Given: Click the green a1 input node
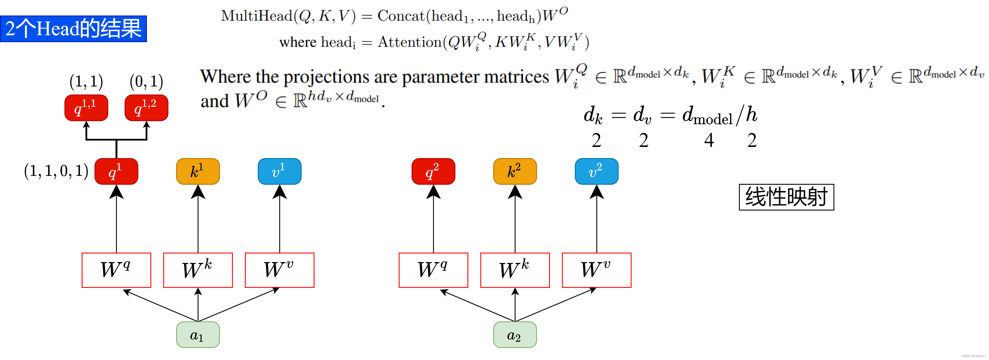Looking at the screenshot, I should click(x=198, y=335).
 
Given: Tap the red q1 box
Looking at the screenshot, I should click(x=116, y=171).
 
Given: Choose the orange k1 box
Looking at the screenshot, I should click(x=198, y=171).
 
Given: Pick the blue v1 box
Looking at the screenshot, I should click(x=279, y=171).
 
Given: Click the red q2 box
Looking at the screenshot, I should click(x=433, y=171).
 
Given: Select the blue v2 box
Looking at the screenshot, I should click(x=596, y=171).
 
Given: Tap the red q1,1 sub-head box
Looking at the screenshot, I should click(x=86, y=108).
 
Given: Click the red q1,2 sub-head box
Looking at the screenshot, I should click(x=146, y=108).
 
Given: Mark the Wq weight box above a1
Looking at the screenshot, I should click(x=116, y=270).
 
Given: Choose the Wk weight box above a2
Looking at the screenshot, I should click(x=515, y=270).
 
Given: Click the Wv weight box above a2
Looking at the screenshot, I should click(x=596, y=270).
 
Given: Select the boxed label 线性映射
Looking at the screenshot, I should click(x=786, y=197).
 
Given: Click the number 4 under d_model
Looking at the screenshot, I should click(x=709, y=140).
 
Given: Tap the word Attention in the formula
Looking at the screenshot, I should click(x=410, y=42).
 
